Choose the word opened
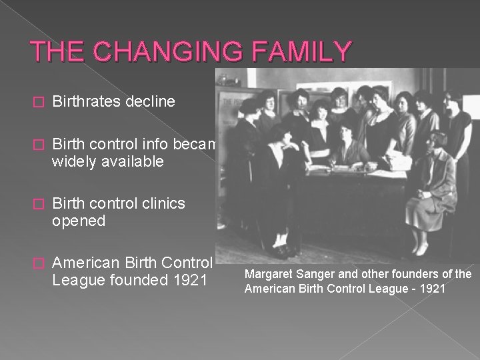tap(79, 220)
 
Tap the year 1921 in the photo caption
tap(434, 288)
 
